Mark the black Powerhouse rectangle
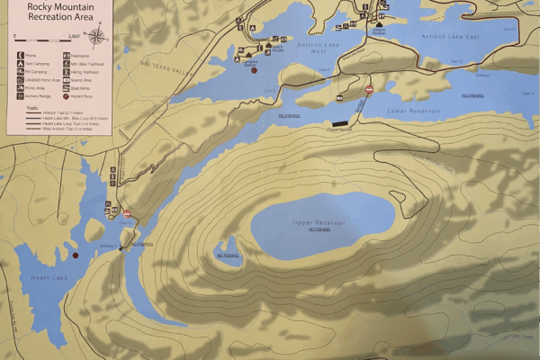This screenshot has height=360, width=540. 340,122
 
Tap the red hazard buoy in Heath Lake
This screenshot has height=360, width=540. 76,256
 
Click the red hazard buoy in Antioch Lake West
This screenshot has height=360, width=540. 255,69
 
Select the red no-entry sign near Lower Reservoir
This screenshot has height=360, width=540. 369,89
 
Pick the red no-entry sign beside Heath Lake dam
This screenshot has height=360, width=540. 127,213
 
